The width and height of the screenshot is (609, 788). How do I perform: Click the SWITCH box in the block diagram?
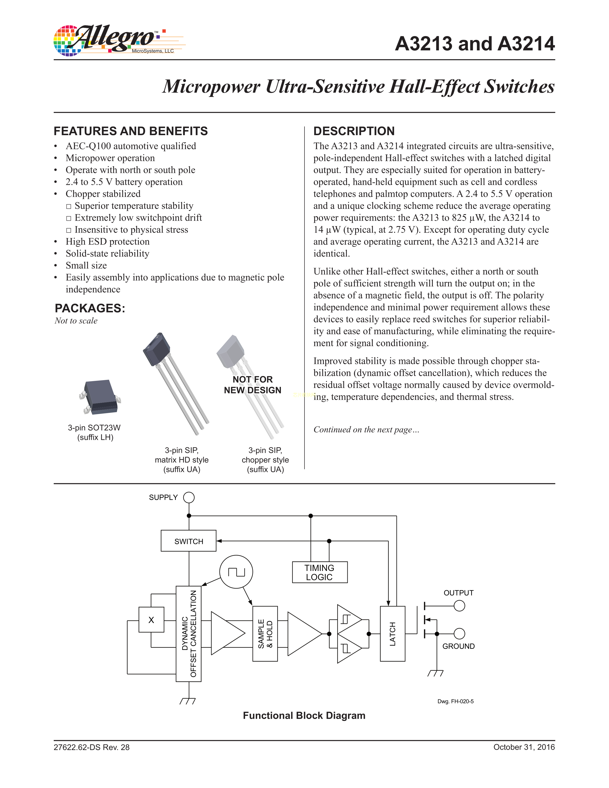click(188, 541)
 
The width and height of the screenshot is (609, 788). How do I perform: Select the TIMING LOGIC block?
click(320, 572)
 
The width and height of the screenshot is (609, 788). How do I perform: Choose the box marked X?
click(151, 620)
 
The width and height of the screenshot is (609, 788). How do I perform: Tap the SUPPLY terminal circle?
click(189, 498)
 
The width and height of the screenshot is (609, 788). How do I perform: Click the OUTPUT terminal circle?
click(459, 606)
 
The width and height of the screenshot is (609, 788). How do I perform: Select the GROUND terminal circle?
click(459, 634)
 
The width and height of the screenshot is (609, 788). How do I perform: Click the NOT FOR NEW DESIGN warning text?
click(252, 385)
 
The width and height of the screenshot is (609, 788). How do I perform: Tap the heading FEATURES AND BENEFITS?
click(131, 131)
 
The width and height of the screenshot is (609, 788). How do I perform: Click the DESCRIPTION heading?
click(354, 131)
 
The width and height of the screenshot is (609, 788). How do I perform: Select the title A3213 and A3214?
click(475, 44)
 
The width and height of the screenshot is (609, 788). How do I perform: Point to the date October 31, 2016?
click(524, 747)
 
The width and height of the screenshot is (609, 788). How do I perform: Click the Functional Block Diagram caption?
click(304, 715)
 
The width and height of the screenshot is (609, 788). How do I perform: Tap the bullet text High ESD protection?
click(107, 242)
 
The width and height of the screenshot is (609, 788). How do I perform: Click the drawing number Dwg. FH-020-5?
click(455, 701)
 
